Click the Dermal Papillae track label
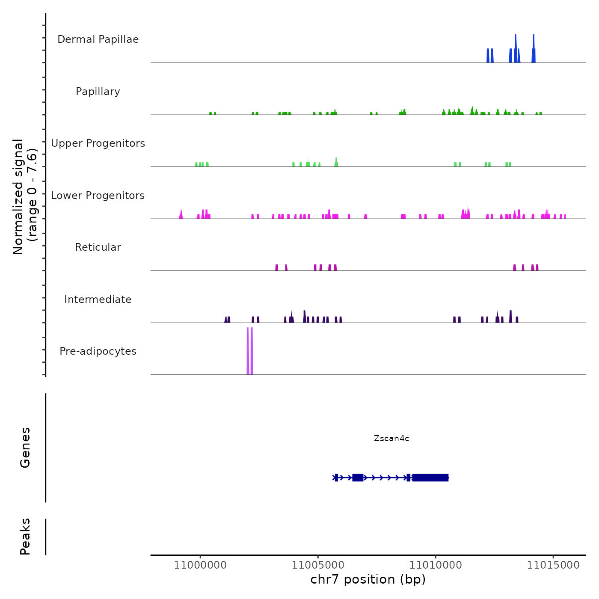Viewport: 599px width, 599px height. click(x=98, y=39)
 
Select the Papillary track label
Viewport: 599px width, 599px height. click(x=98, y=92)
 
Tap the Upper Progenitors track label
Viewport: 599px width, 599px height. click(x=98, y=143)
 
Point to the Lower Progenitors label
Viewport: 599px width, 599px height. click(x=98, y=196)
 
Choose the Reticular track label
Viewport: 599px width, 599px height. click(x=98, y=247)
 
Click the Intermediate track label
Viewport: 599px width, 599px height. click(x=98, y=299)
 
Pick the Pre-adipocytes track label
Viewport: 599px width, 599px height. click(x=98, y=351)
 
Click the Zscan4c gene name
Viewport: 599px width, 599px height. click(x=391, y=438)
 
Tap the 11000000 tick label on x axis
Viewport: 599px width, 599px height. click(x=200, y=565)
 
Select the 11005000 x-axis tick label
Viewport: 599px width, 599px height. click(x=318, y=565)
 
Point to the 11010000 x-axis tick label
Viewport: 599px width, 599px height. click(x=436, y=565)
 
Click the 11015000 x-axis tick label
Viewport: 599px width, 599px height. click(x=553, y=565)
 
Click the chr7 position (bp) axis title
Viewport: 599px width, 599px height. click(x=368, y=579)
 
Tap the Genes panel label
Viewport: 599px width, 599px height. click(x=25, y=448)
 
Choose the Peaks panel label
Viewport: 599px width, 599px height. click(x=25, y=537)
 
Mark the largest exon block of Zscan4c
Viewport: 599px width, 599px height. click(x=430, y=477)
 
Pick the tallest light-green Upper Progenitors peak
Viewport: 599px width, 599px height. click(x=336, y=162)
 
